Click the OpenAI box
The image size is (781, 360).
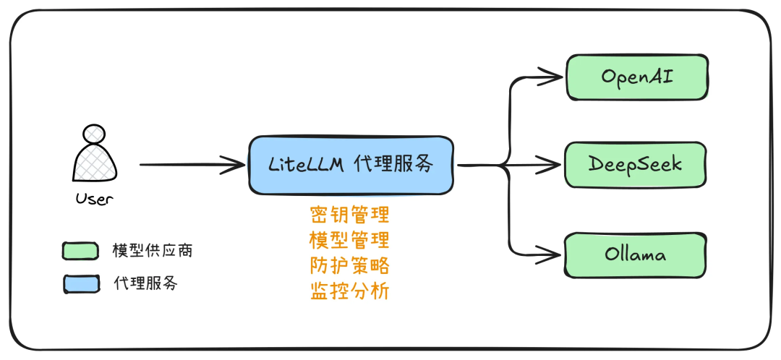pyautogui.click(x=636, y=76)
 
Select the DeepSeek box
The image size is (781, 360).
pyautogui.click(x=635, y=165)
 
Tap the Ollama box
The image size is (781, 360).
pyautogui.click(x=635, y=254)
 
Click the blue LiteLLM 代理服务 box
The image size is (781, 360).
pyautogui.click(x=351, y=165)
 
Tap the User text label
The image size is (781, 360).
pyautogui.click(x=95, y=199)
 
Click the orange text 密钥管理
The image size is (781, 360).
pyautogui.click(x=349, y=215)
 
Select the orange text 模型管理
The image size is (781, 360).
pyautogui.click(x=349, y=240)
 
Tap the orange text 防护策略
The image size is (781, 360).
pyautogui.click(x=349, y=265)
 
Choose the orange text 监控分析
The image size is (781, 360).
pyautogui.click(x=349, y=291)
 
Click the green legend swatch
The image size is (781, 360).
pyautogui.click(x=80, y=251)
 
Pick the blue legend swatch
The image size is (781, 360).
pyautogui.click(x=80, y=283)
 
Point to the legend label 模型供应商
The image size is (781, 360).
pyautogui.click(x=152, y=251)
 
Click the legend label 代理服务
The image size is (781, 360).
pyautogui.click(x=145, y=283)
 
